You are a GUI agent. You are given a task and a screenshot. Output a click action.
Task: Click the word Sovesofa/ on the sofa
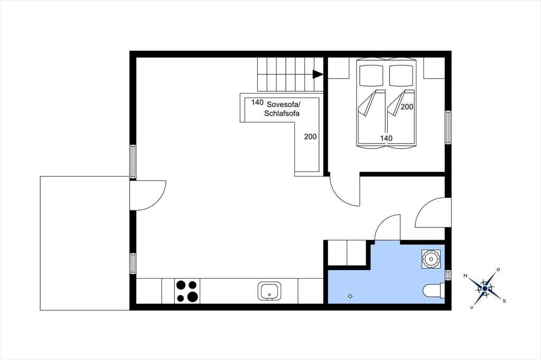(x=284, y=105)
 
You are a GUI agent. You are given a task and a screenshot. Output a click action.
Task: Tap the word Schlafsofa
(x=282, y=113)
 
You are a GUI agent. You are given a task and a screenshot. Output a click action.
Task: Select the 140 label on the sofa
(x=257, y=102)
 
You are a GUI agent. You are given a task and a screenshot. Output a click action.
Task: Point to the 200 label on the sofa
(x=310, y=137)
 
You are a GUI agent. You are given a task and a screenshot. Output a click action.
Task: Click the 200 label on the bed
(x=407, y=107)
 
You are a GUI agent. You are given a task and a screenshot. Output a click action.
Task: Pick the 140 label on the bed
(x=386, y=138)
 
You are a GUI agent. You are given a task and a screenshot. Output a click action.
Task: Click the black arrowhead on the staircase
(x=318, y=74)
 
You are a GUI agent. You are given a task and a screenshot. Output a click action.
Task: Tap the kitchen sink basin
(x=269, y=291)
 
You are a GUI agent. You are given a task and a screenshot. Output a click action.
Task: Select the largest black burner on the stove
(x=192, y=297)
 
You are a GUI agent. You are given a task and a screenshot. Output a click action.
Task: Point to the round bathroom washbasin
(x=431, y=259)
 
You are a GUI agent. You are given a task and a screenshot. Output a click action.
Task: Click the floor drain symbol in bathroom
(x=350, y=296)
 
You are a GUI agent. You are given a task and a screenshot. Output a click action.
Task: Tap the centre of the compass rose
(x=485, y=288)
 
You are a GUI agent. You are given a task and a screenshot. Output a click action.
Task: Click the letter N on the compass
(x=465, y=276)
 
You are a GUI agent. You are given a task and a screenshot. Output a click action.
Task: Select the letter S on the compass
(x=504, y=301)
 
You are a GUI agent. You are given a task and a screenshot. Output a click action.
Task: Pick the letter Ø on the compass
(x=498, y=269)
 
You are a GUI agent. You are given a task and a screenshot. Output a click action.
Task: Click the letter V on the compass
(x=472, y=307)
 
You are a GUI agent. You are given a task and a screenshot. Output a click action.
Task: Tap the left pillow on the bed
(x=371, y=75)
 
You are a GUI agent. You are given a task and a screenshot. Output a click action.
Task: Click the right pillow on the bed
(x=402, y=75)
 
